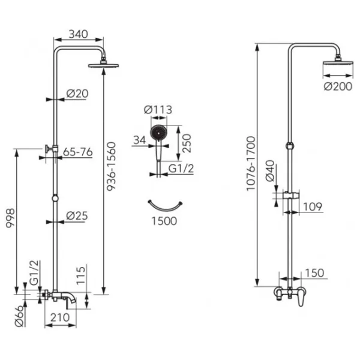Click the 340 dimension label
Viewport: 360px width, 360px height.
78,34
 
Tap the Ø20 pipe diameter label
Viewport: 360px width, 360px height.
77,94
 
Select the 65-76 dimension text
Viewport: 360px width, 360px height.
78,152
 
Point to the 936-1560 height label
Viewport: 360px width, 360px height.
112,166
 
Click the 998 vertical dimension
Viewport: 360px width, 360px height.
10,218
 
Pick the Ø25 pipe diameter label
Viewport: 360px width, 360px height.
77,216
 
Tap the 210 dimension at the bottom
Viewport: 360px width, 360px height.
60,317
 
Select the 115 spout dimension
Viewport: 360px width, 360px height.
80,275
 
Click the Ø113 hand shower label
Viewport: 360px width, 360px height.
158,110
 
